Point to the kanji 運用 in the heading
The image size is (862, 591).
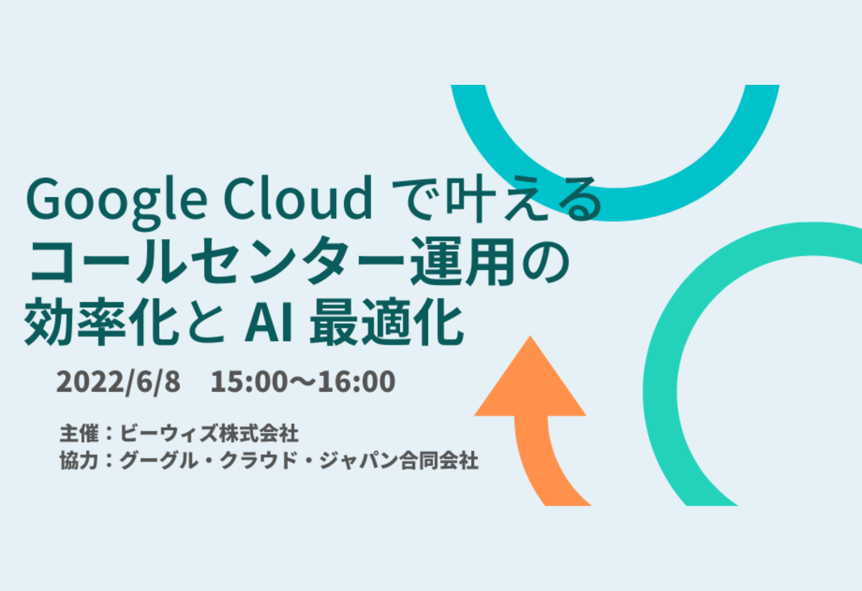[463, 262]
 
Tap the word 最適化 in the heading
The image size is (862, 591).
[386, 322]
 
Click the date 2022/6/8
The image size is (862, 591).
[118, 382]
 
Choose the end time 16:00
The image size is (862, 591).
[357, 382]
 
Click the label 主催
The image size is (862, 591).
[79, 433]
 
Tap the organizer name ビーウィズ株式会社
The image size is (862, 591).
[209, 433]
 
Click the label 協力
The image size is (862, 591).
[79, 460]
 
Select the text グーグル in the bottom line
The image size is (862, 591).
[158, 460]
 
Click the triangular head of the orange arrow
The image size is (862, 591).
[530, 382]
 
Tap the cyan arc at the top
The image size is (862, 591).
[615, 203]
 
